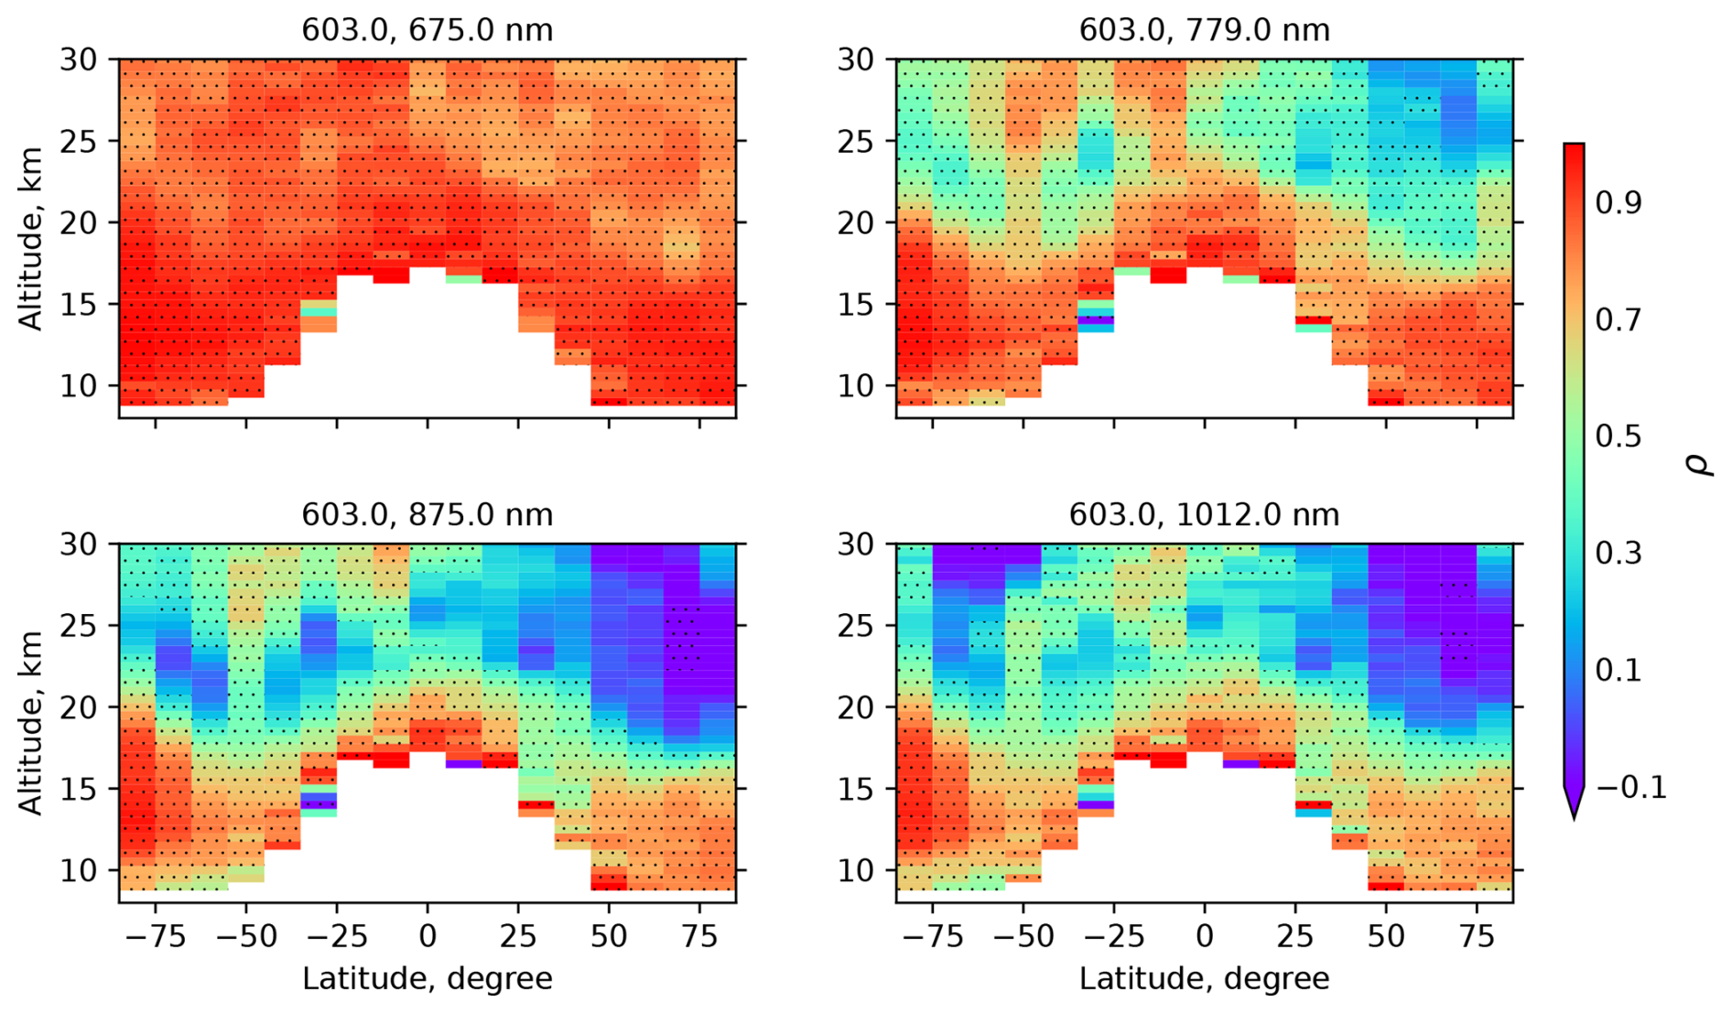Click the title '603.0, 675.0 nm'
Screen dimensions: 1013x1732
pyautogui.click(x=427, y=30)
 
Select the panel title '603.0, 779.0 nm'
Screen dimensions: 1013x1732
pyautogui.click(x=1204, y=30)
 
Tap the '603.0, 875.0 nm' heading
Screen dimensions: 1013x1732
pyautogui.click(x=427, y=515)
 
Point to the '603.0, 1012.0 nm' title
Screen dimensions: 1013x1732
pyautogui.click(x=1204, y=515)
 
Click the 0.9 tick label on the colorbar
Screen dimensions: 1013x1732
pyautogui.click(x=1618, y=202)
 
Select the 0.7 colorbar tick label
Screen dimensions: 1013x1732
pyautogui.click(x=1618, y=319)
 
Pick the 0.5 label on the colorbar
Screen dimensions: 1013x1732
pyautogui.click(x=1618, y=436)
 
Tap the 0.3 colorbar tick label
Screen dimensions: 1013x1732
pyautogui.click(x=1618, y=554)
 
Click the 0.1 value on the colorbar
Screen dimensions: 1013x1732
pyautogui.click(x=1618, y=671)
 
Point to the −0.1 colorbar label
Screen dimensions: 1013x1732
pyautogui.click(x=1630, y=788)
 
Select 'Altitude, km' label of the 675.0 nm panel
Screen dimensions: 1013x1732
pyautogui.click(x=31, y=238)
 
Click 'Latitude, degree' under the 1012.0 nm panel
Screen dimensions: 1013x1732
pyautogui.click(x=1204, y=979)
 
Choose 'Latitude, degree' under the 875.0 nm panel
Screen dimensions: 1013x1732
pyautogui.click(x=427, y=979)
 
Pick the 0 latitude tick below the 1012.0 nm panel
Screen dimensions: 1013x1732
pyautogui.click(x=1205, y=937)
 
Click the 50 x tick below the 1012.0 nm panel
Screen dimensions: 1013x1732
pyautogui.click(x=1386, y=937)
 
